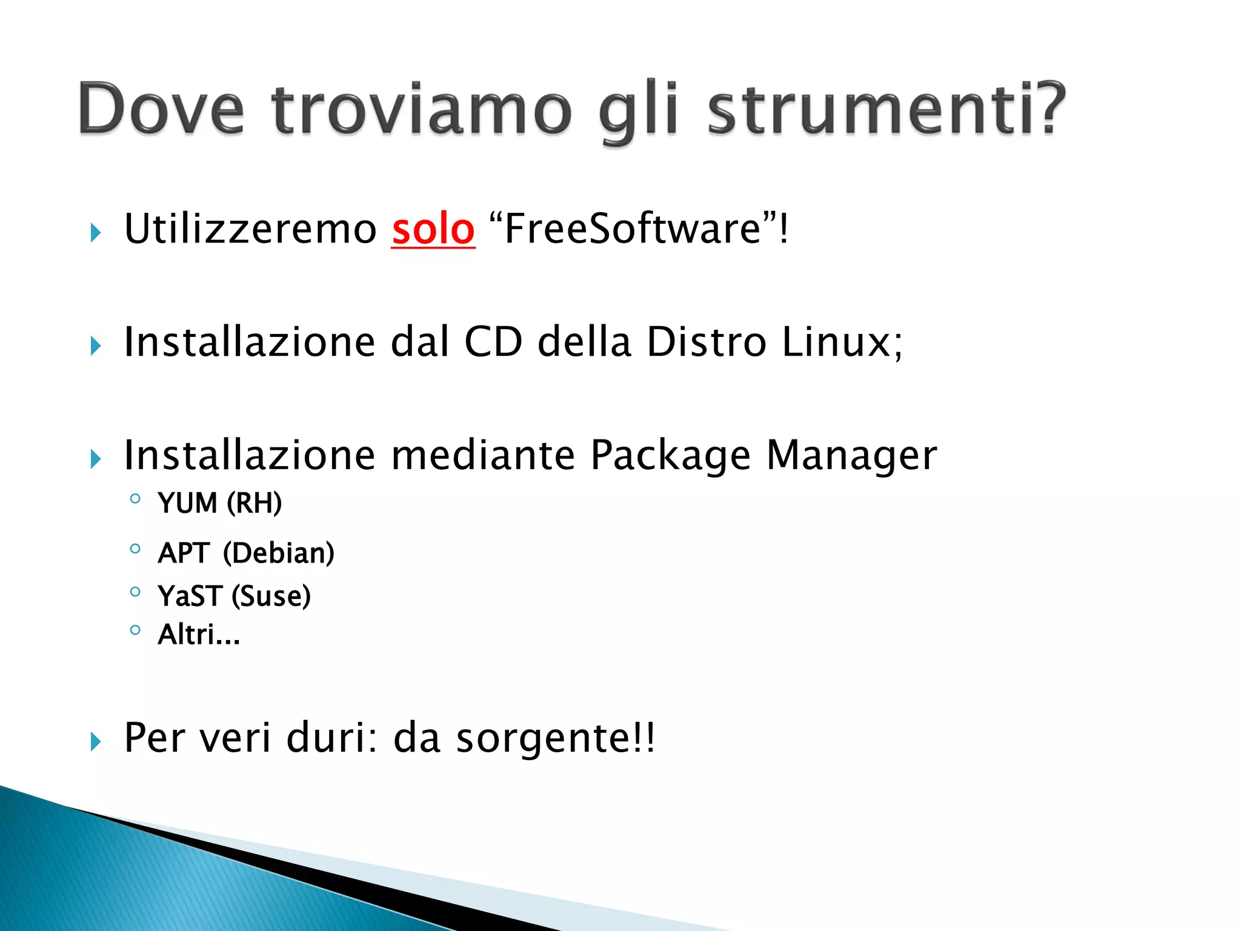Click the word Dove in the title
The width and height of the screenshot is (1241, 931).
click(x=161, y=109)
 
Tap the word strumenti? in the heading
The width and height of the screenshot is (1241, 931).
click(x=886, y=109)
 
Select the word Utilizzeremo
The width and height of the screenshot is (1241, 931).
click(x=250, y=229)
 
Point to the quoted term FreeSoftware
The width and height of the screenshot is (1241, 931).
click(x=632, y=229)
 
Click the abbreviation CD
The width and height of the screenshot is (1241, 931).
click(x=493, y=342)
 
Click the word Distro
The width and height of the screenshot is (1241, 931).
click(x=707, y=342)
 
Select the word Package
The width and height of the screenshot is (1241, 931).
click(x=670, y=456)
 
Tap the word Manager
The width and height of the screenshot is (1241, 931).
click(x=851, y=456)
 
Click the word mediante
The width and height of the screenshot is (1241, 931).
click(x=483, y=456)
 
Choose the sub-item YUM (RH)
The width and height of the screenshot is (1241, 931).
click(x=219, y=503)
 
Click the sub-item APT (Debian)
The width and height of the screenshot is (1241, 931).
click(x=245, y=553)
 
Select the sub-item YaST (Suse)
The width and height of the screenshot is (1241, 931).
click(x=234, y=596)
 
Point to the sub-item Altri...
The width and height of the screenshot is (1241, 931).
click(x=199, y=635)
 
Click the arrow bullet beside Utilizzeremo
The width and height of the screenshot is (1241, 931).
click(x=95, y=232)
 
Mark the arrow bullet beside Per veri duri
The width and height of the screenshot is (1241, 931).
click(x=95, y=741)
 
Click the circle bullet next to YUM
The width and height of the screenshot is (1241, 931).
click(x=135, y=499)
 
